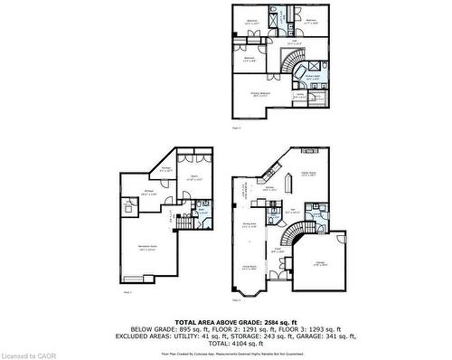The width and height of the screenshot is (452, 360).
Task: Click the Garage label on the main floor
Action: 321,263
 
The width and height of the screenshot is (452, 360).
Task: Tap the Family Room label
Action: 307,175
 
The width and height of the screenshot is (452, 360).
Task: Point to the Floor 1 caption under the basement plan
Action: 126,292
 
